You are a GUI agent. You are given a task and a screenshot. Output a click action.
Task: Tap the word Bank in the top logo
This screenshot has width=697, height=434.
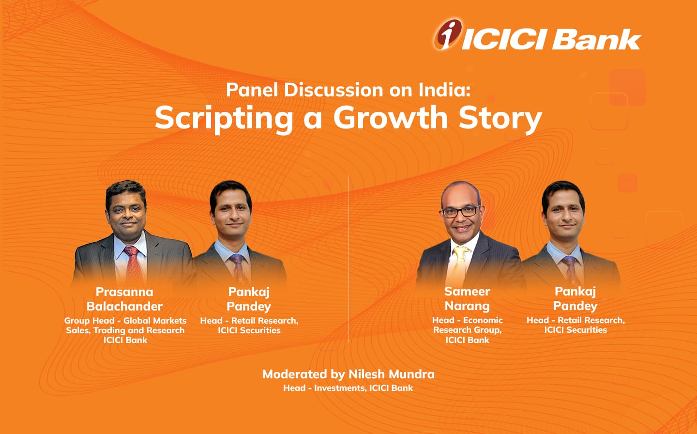click(x=597, y=40)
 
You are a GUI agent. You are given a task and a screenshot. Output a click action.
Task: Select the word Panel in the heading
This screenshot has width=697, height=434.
click(x=252, y=90)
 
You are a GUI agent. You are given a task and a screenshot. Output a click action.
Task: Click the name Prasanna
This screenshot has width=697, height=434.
click(x=124, y=292)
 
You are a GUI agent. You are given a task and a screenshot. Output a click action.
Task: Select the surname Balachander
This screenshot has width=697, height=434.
click(x=124, y=306)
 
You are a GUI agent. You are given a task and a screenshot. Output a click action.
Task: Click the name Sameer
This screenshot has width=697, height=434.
click(x=467, y=292)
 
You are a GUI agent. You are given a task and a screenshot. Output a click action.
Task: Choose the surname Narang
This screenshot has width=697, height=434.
click(x=467, y=306)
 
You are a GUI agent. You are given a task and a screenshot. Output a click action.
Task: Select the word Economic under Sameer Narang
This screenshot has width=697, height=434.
click(x=483, y=320)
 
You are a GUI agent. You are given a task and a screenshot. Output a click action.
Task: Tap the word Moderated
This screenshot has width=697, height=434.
click(x=295, y=374)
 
